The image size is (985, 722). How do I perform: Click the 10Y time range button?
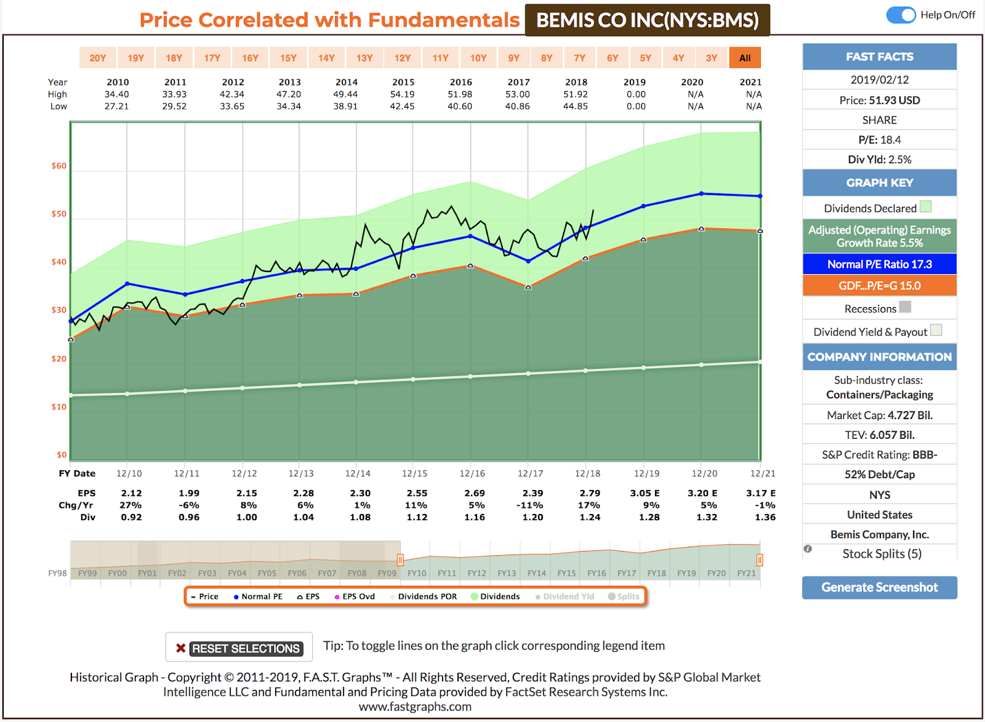[478, 58]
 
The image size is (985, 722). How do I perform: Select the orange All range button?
[745, 58]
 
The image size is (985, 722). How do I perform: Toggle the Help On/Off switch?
[901, 15]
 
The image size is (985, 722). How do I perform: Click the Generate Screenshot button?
[879, 587]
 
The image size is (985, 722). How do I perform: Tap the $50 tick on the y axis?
[59, 214]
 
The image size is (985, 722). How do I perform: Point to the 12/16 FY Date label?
[472, 473]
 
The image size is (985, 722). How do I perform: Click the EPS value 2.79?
[590, 493]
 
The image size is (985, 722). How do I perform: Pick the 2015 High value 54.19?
[403, 94]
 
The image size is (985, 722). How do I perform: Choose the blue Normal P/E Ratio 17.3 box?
[879, 264]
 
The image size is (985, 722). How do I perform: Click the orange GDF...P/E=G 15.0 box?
[879, 286]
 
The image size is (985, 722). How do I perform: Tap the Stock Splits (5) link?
[882, 553]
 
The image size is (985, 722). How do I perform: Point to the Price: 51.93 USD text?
[879, 100]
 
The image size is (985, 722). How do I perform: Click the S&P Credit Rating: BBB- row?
[879, 454]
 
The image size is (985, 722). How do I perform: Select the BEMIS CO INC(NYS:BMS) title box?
[647, 20]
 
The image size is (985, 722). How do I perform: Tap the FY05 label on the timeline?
[267, 573]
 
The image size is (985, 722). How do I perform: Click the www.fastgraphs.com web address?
[415, 707]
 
